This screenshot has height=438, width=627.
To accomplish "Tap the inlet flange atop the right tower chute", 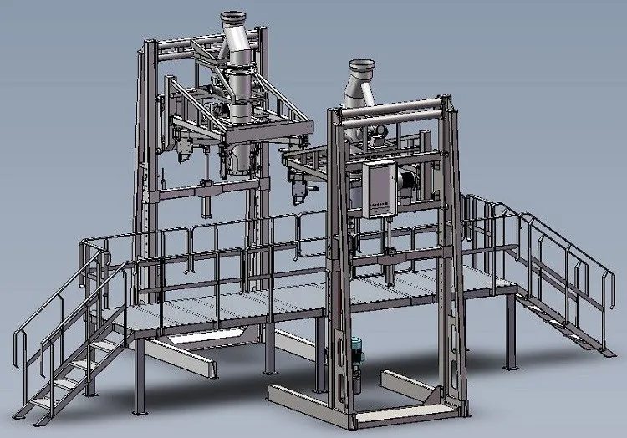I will [361, 64].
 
